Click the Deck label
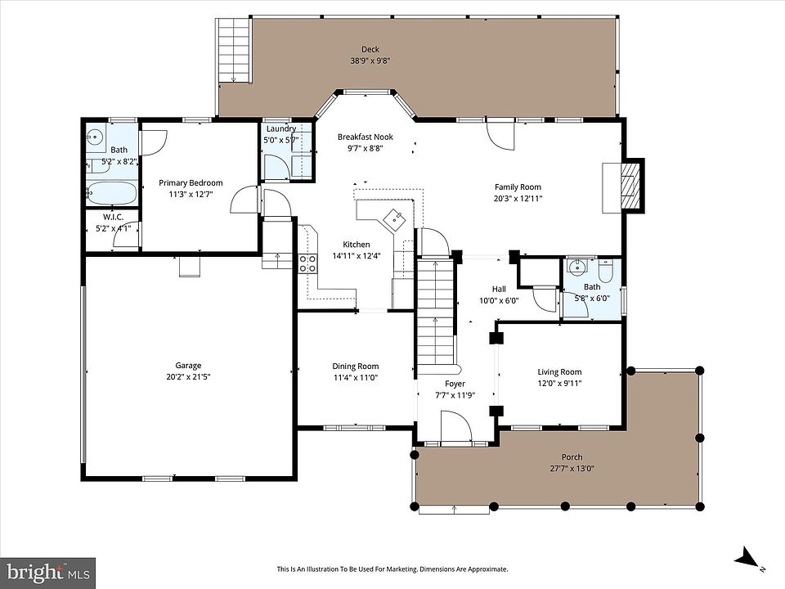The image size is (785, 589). pyautogui.click(x=370, y=49)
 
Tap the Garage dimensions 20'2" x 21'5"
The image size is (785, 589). pyautogui.click(x=188, y=377)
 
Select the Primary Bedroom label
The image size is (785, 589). pyautogui.click(x=191, y=182)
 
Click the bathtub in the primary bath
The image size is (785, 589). pyautogui.click(x=111, y=193)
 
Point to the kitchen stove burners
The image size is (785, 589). pyautogui.click(x=307, y=263)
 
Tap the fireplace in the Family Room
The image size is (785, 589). pyautogui.click(x=630, y=185)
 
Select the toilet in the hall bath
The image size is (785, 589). pyautogui.click(x=606, y=271)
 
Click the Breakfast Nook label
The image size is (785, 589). pyautogui.click(x=365, y=137)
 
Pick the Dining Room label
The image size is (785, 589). pyautogui.click(x=356, y=366)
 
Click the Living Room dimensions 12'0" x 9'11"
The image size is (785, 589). pyautogui.click(x=559, y=383)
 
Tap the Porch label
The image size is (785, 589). pyautogui.click(x=572, y=456)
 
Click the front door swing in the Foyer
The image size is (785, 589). pyautogui.click(x=455, y=427)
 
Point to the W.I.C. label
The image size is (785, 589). pyautogui.click(x=113, y=217)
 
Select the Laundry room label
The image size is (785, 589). pyautogui.click(x=281, y=128)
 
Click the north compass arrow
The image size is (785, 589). pyautogui.click(x=746, y=556)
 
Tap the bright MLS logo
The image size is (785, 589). pyautogui.click(x=47, y=572)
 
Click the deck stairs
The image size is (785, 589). pyautogui.click(x=234, y=50)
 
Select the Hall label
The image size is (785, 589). pyautogui.click(x=499, y=289)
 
